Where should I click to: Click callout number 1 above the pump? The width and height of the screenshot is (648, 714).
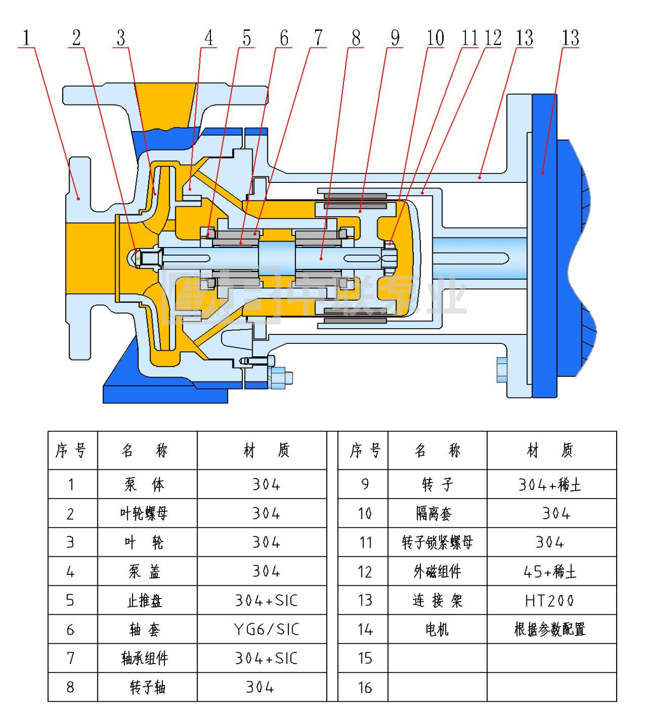27,38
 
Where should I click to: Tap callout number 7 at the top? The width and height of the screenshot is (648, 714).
318,38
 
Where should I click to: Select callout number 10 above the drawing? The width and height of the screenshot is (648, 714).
435,38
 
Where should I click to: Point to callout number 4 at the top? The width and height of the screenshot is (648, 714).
209,38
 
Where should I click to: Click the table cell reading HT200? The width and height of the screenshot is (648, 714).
550,601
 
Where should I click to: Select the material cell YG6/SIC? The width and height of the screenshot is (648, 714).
267,630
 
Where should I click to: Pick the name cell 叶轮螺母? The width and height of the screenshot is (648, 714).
144,514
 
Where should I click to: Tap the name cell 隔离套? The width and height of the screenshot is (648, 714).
434,514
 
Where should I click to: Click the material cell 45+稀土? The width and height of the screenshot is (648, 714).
550,572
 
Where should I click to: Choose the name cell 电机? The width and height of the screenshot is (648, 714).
437,630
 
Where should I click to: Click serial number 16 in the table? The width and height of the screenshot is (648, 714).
365,687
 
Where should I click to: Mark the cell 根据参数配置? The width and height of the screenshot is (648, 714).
550,630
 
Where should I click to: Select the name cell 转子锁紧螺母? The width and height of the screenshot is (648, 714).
437,543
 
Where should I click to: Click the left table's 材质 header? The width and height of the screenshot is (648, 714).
267,450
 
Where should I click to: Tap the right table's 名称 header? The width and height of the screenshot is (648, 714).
437,450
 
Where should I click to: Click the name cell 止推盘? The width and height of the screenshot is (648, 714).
145,601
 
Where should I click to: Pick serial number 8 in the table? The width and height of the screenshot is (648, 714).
70,687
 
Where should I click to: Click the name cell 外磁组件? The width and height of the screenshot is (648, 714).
437,572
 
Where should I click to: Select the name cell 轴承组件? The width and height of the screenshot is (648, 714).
145,658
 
